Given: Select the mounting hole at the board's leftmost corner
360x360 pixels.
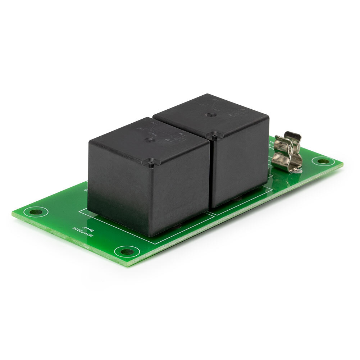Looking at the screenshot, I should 36,211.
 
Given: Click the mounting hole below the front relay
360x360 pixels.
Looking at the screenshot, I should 127,251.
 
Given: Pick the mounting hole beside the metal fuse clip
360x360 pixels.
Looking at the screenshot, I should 323,161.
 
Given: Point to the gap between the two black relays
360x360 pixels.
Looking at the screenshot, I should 210,173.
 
